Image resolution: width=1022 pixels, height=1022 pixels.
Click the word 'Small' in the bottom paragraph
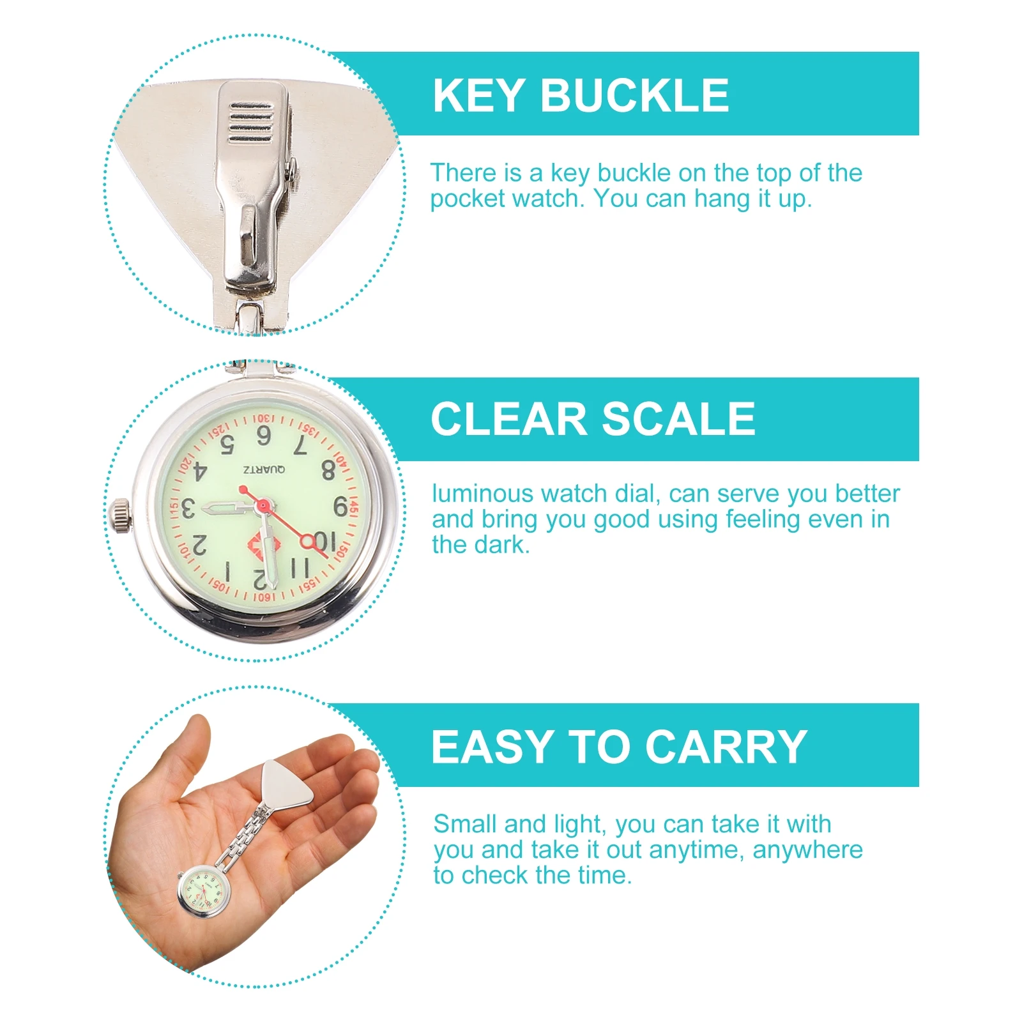pos(464,824)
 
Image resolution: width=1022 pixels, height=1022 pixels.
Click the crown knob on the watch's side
pos(119,515)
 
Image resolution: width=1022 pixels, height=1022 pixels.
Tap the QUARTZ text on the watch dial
pos(264,470)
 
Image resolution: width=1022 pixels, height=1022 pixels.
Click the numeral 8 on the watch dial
pos(328,470)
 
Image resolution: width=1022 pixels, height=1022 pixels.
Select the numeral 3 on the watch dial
pos(188,510)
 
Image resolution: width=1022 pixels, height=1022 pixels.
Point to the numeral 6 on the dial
pos(263,436)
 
